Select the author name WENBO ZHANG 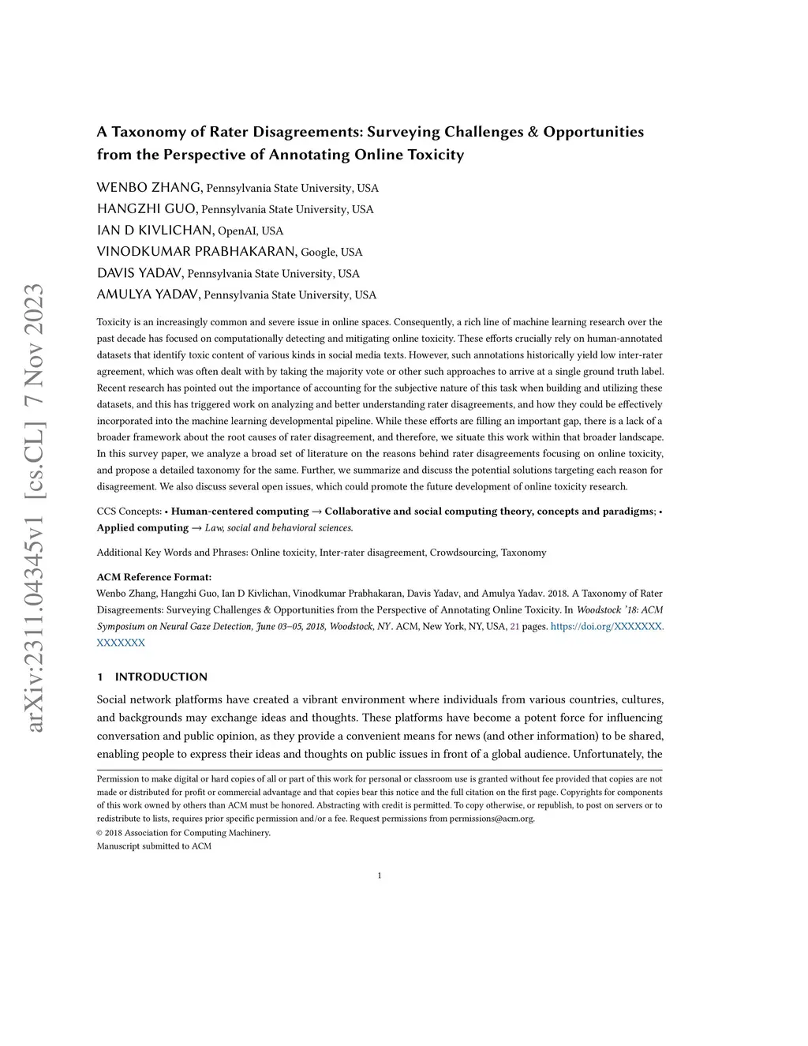pyautogui.click(x=149, y=188)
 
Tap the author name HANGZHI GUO pyautogui.click(x=147, y=209)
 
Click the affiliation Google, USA pyautogui.click(x=331, y=253)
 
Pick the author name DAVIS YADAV pyautogui.click(x=140, y=274)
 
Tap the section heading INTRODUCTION pyautogui.click(x=161, y=677)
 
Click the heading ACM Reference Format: pyautogui.click(x=154, y=577)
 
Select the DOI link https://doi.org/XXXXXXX pyautogui.click(x=607, y=627)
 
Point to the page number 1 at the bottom pyautogui.click(x=380, y=875)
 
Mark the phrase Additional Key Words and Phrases pyautogui.click(x=170, y=553)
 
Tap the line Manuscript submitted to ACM pyautogui.click(x=154, y=846)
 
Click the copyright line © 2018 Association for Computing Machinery pyautogui.click(x=183, y=833)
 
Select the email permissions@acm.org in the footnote pyautogui.click(x=492, y=819)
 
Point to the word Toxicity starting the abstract pyautogui.click(x=115, y=322)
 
